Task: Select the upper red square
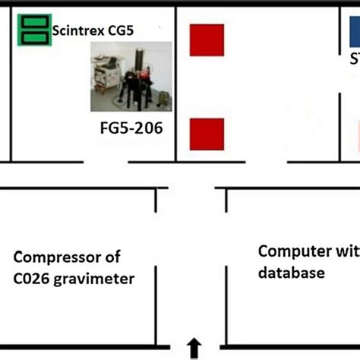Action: click(x=207, y=39)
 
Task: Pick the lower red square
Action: click(x=207, y=134)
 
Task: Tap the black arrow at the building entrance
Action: click(x=194, y=349)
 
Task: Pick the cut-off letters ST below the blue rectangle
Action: click(x=355, y=61)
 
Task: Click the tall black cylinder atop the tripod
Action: click(x=139, y=59)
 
